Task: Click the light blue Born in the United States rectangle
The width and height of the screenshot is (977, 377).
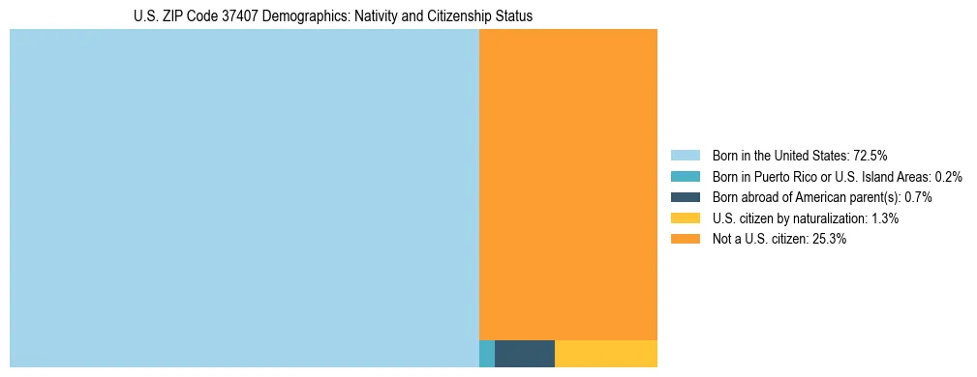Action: tap(244, 198)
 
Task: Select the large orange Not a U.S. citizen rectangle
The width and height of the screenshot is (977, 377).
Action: tap(568, 184)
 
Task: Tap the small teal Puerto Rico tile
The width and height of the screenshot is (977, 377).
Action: tap(487, 354)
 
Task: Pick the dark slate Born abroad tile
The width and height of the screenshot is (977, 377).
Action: tap(525, 354)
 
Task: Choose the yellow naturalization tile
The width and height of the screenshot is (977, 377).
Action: tap(606, 354)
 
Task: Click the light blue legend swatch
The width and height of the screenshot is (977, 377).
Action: tap(685, 155)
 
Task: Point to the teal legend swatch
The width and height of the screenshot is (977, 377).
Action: tap(685, 176)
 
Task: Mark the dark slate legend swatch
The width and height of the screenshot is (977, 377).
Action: tap(685, 197)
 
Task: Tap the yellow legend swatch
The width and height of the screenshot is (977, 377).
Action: tap(685, 218)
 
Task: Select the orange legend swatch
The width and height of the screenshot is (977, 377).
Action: tap(685, 240)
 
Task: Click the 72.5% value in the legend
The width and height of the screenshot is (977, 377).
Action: tap(870, 155)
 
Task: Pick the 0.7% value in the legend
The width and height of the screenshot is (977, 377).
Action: tap(918, 197)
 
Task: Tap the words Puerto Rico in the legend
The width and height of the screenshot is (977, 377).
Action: tap(785, 176)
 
